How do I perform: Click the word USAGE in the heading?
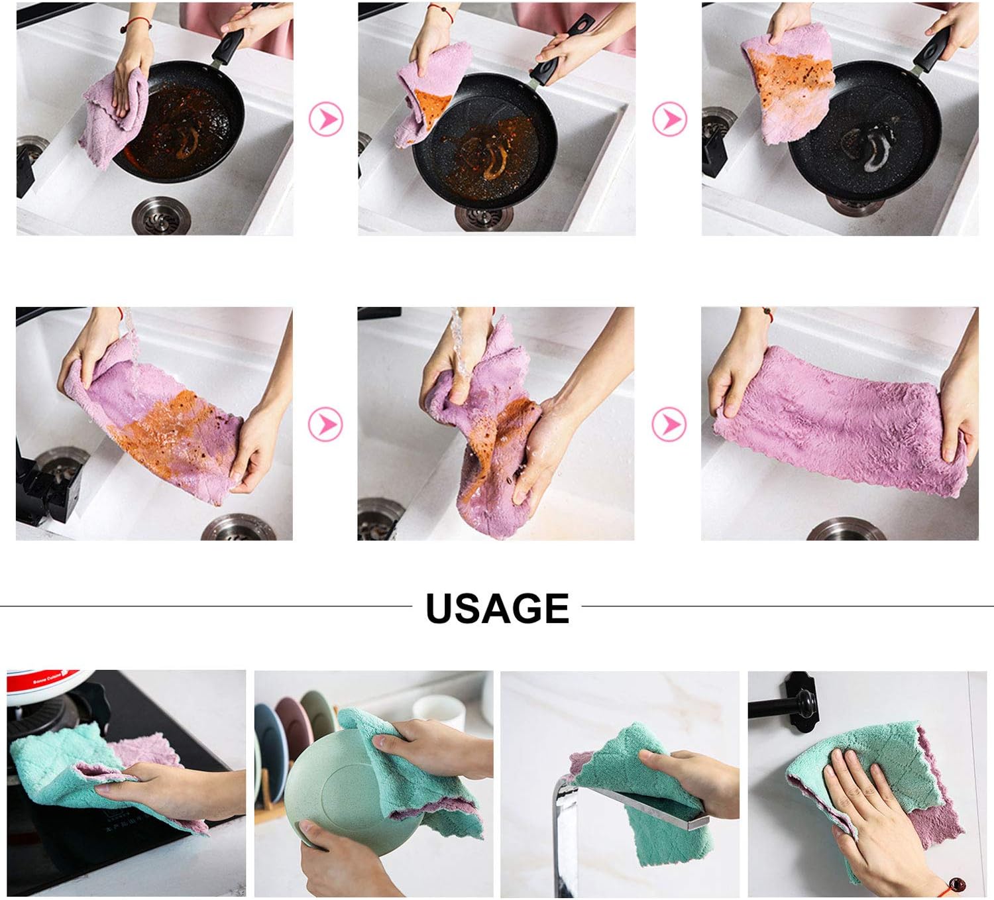pyautogui.click(x=497, y=608)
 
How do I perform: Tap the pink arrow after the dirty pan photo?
pyautogui.click(x=326, y=119)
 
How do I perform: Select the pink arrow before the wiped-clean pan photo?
pyautogui.click(x=670, y=119)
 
